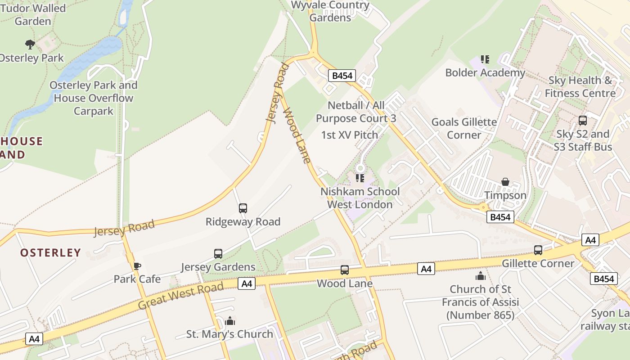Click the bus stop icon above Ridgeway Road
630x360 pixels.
243,208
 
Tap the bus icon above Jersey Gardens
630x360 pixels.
218,254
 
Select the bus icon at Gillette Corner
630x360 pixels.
538,250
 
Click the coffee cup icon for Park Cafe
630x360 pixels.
137,266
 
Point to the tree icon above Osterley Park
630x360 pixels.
30,44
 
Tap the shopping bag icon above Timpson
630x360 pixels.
505,182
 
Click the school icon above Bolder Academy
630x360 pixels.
485,59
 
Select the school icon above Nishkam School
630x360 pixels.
360,178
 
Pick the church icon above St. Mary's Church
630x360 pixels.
230,321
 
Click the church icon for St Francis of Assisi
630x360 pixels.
481,275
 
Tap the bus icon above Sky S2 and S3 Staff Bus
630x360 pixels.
583,121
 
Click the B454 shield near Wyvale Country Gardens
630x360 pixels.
342,76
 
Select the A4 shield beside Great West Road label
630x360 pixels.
247,283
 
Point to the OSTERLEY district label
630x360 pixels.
50,252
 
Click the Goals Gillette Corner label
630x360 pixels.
464,128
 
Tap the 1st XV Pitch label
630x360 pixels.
350,135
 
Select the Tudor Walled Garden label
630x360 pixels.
33,14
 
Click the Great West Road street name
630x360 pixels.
180,296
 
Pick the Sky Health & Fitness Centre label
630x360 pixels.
580,87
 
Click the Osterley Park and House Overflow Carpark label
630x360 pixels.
94,98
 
